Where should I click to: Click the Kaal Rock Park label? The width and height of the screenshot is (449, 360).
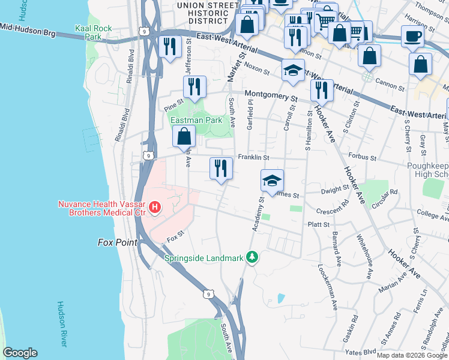tap(89, 32)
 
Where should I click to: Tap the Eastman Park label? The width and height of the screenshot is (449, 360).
tap(196, 120)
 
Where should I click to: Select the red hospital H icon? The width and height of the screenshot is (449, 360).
tap(155, 208)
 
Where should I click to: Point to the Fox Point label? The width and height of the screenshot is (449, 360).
tap(117, 242)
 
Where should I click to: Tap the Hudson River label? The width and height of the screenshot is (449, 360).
tap(62, 323)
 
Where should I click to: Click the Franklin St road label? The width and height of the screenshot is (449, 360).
tap(253, 157)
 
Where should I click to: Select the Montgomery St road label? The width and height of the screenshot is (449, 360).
tap(270, 94)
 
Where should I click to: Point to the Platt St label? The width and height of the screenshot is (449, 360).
tap(319, 224)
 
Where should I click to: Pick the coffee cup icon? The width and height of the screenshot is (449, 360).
tap(412, 36)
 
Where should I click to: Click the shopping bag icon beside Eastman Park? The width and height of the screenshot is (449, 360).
tap(184, 137)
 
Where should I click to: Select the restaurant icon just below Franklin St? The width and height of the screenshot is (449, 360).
tap(221, 168)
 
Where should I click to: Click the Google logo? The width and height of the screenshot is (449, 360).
tap(20, 353)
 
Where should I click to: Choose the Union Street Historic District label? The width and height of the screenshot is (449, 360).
tap(207, 12)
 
